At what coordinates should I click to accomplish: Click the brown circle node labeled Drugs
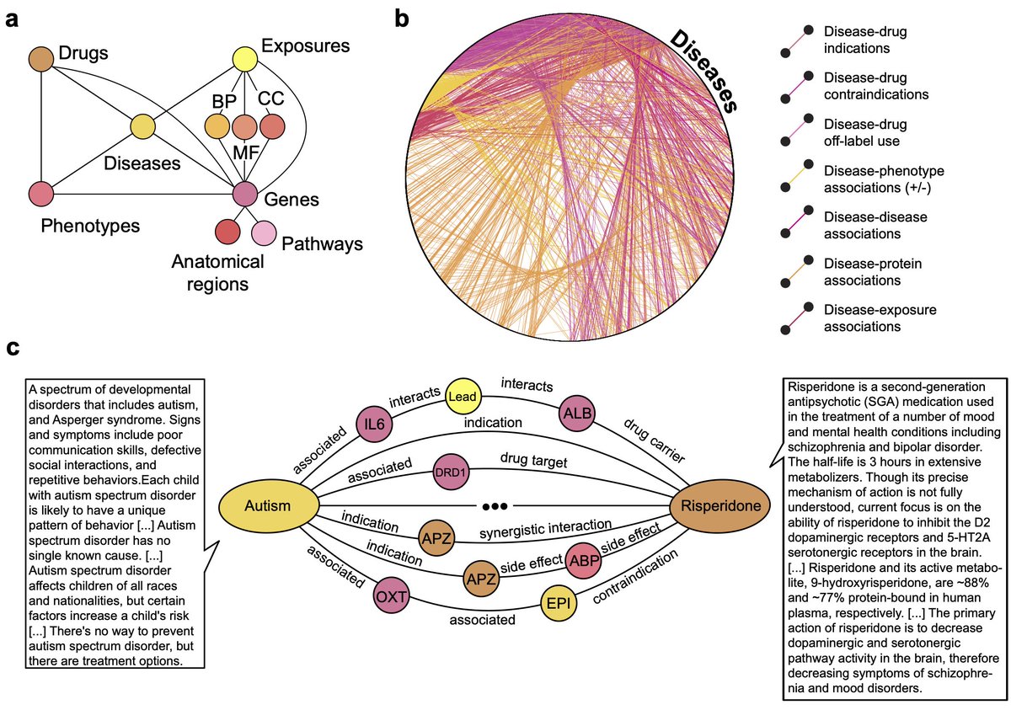(x=41, y=61)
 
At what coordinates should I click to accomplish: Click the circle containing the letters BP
(x=217, y=127)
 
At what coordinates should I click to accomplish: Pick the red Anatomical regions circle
(x=227, y=232)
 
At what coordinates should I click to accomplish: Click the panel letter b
(x=403, y=19)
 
